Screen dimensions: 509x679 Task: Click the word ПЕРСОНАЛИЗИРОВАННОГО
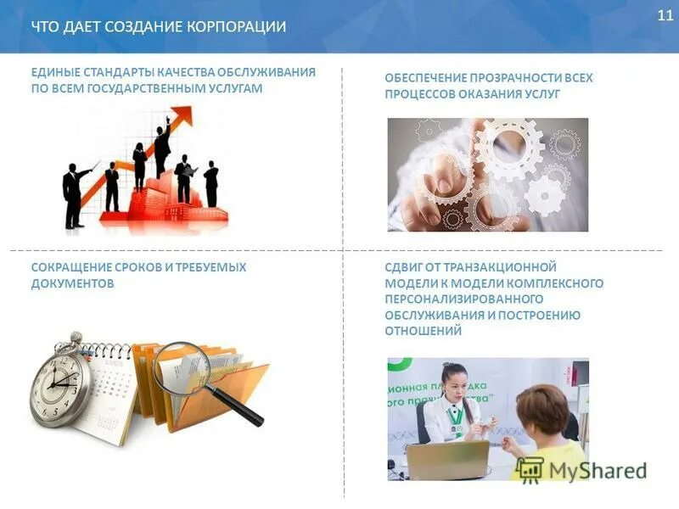point(463,299)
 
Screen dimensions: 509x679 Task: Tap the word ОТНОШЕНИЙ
point(423,331)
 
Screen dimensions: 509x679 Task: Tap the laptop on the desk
point(447,459)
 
